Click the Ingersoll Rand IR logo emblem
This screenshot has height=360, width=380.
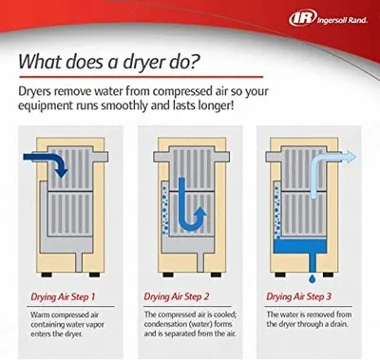point(303,18)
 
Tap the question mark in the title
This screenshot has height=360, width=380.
point(196,62)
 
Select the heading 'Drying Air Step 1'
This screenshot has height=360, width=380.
point(63,296)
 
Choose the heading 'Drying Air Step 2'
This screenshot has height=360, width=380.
point(177,296)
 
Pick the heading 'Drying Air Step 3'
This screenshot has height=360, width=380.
point(298,296)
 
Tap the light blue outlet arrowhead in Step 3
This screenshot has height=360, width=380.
point(350,157)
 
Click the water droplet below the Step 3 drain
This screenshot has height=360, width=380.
point(313,279)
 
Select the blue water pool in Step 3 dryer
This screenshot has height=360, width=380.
point(299,246)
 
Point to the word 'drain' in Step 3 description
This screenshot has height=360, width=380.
point(339,324)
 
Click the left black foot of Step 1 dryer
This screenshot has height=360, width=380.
point(47,275)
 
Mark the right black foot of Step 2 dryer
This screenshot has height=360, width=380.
point(216,275)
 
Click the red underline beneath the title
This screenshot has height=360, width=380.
point(141,77)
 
